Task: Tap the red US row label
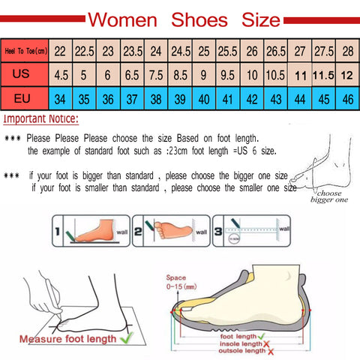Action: [x=25, y=75]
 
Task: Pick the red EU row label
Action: [x=25, y=98]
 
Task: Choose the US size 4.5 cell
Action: [x=61, y=75]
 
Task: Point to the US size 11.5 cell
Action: [x=322, y=75]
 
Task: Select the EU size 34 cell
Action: [x=61, y=98]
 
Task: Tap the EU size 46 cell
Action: [x=346, y=98]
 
